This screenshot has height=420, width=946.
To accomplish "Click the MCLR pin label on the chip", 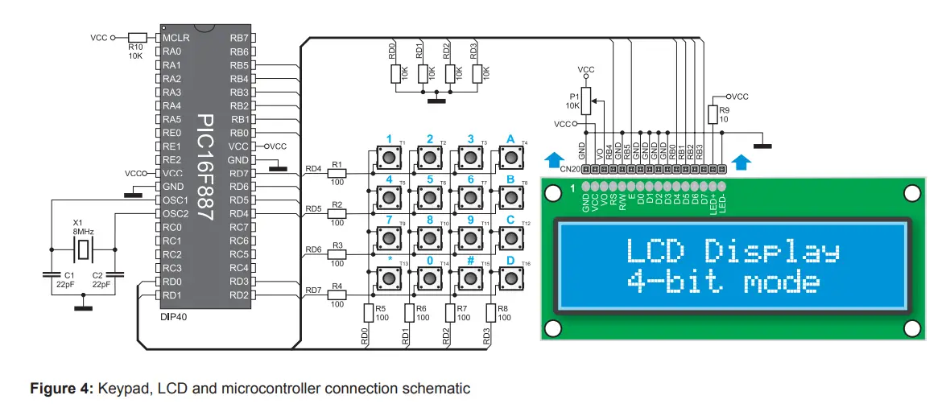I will tap(176, 38).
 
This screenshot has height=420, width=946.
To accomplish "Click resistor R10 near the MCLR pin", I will tap(138, 37).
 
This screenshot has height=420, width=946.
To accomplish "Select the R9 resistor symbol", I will tap(713, 114).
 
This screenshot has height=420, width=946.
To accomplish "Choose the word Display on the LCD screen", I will tap(772, 251).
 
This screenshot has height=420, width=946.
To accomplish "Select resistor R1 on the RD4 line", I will tap(337, 172).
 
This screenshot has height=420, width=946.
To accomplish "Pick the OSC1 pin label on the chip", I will tap(175, 200).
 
